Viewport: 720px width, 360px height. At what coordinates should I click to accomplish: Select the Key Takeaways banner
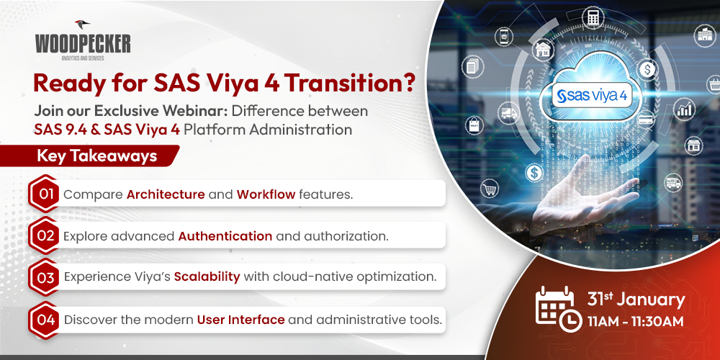96,156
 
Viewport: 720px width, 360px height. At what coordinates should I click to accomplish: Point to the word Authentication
225,235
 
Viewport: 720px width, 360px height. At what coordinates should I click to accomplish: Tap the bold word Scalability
207,277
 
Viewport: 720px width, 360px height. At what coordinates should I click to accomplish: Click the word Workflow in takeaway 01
266,194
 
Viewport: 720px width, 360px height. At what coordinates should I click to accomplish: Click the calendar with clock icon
555,308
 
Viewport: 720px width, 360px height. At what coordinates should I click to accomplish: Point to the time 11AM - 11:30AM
635,320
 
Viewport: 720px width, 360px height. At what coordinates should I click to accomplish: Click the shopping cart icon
491,190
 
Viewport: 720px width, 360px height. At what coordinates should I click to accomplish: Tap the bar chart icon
685,110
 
